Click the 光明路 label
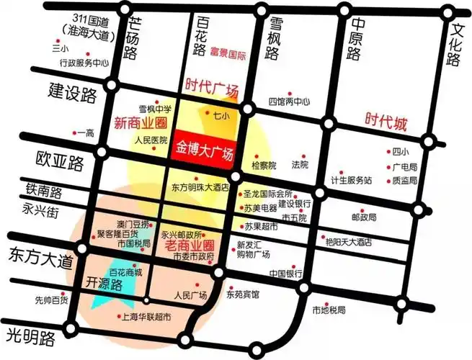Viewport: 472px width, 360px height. coord(31,336)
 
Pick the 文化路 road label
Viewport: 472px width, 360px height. coord(454,45)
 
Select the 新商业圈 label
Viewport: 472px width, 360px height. coord(141,122)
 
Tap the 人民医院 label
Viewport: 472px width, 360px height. coord(151,140)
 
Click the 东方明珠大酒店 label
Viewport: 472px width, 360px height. coord(200,186)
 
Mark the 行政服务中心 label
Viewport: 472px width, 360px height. coord(84,63)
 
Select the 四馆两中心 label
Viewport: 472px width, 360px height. coord(289,102)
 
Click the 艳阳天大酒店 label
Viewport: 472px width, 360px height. coord(347,241)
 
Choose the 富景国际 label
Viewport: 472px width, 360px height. coord(229,52)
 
